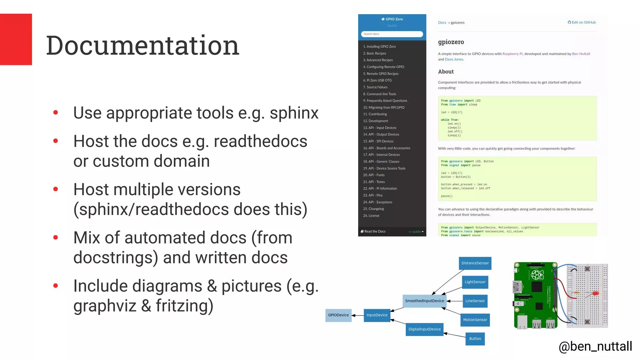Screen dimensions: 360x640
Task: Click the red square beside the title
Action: pos(16,39)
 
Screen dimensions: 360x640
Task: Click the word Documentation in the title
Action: pos(142,46)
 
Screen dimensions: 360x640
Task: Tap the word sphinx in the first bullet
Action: pos(294,113)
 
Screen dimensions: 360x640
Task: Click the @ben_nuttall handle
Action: pos(595,346)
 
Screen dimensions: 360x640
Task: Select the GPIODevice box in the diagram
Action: pos(338,315)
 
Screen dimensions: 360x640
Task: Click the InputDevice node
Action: pos(377,315)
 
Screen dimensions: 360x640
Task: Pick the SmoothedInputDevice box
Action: pos(424,301)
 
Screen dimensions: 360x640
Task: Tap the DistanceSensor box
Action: pos(475,263)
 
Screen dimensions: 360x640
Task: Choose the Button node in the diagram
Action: pos(475,339)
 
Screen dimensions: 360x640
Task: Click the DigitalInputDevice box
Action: pos(424,329)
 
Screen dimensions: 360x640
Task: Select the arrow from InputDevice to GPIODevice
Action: pos(358,315)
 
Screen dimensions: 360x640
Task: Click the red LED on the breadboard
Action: pos(596,293)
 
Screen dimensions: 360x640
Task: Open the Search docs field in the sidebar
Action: pos(392,34)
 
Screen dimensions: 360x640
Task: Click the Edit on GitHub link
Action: pos(582,22)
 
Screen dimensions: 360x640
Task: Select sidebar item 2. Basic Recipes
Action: pos(374,53)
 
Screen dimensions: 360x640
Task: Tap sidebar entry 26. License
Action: pos(371,216)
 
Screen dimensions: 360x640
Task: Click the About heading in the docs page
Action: pos(446,72)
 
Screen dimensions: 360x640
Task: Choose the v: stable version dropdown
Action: pos(416,232)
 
